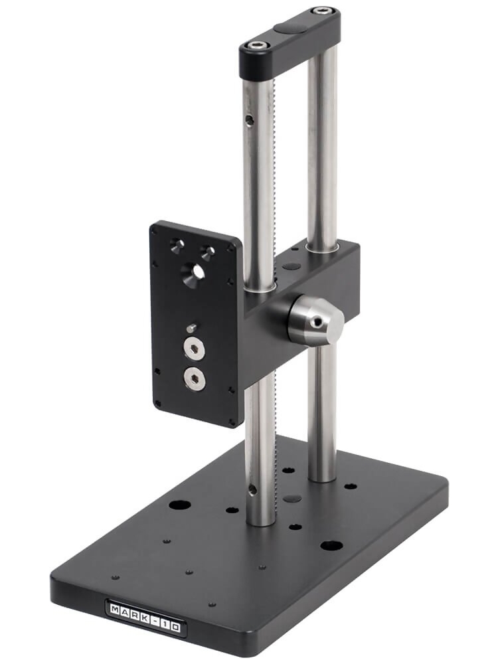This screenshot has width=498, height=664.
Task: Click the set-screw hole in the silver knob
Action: (319, 322)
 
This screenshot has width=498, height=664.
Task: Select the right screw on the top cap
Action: (323, 12)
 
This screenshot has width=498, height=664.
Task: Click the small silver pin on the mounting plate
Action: (191, 327)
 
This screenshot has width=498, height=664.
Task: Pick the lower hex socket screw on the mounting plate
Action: (195, 378)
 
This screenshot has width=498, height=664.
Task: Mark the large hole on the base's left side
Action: (179, 505)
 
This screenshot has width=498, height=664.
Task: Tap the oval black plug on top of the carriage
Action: (290, 267)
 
